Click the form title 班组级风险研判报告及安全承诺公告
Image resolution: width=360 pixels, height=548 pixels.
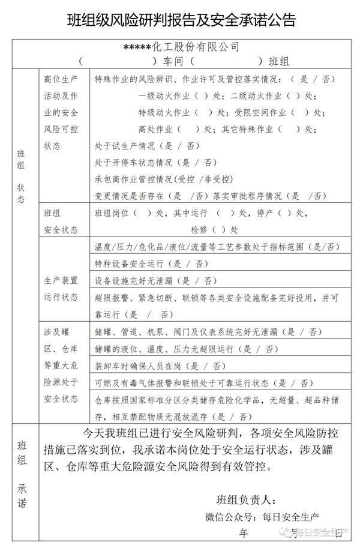(181, 20)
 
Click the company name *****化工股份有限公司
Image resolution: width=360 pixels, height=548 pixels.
(181, 47)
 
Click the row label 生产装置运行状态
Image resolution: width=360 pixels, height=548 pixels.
(61, 288)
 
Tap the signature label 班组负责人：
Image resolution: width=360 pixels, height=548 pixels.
(246, 499)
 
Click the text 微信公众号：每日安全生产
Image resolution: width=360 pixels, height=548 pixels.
(262, 516)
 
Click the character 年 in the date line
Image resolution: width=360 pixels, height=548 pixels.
(243, 532)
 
